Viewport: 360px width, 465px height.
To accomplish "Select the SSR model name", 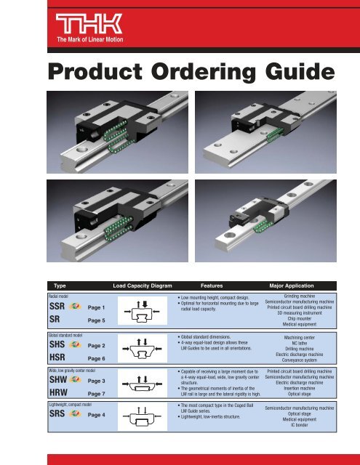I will [60, 308].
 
